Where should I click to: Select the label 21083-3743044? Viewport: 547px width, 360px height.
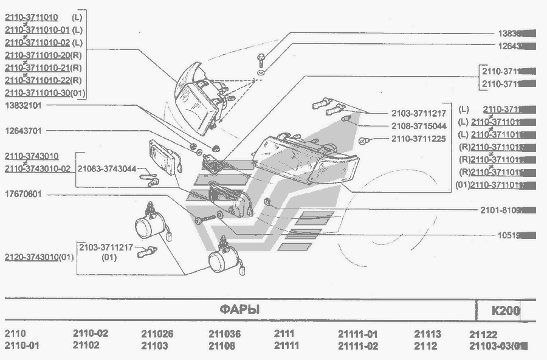click(x=107, y=168)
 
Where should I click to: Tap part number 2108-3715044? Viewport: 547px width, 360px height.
click(x=419, y=126)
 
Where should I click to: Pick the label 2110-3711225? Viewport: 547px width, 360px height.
click(x=419, y=139)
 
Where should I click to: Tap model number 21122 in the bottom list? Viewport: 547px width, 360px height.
click(x=483, y=334)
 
